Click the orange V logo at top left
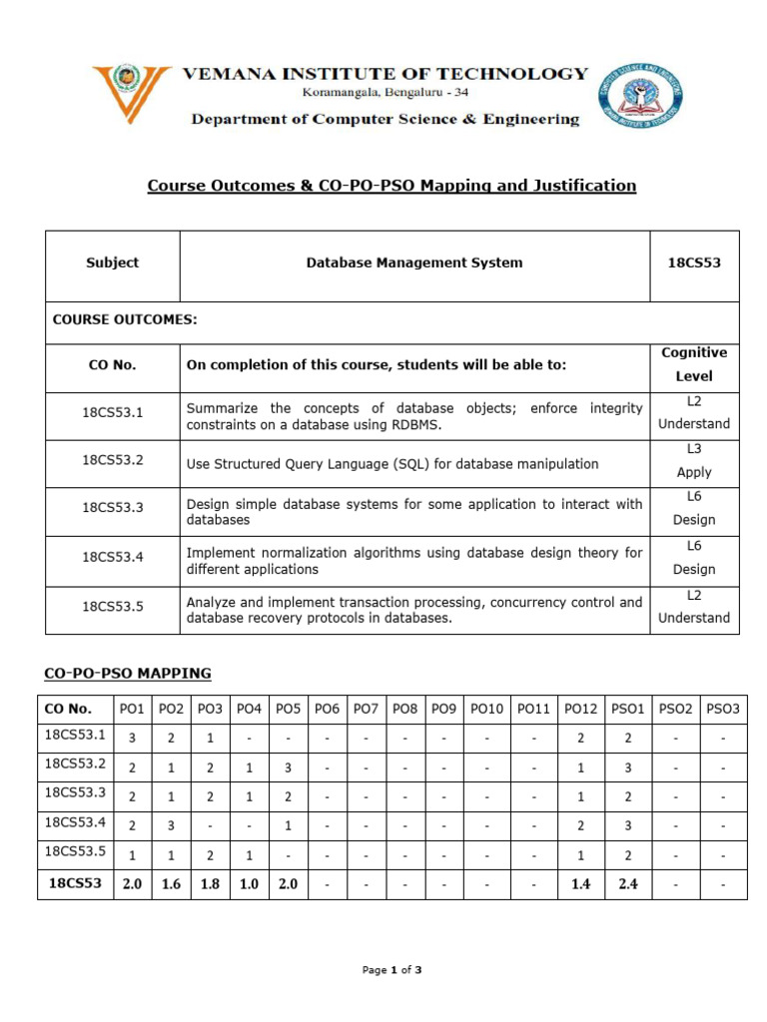click(x=129, y=92)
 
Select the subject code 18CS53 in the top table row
click(x=693, y=263)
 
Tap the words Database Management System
click(x=413, y=263)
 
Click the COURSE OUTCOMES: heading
click(x=125, y=319)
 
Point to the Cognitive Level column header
click(x=693, y=364)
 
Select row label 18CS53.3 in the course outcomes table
click(x=113, y=507)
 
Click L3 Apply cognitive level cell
click(x=693, y=460)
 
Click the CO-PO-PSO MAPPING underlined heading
click(x=127, y=673)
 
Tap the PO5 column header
click(x=288, y=709)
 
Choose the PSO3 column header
click(x=722, y=709)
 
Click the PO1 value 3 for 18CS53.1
click(x=132, y=739)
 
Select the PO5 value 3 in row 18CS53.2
click(x=288, y=768)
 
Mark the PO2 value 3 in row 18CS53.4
click(x=171, y=826)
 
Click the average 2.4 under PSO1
click(x=627, y=884)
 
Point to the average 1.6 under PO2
click(x=171, y=884)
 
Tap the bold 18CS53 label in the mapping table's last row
click(x=76, y=883)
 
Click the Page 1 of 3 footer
click(x=392, y=969)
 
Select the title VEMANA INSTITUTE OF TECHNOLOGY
click(x=384, y=73)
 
